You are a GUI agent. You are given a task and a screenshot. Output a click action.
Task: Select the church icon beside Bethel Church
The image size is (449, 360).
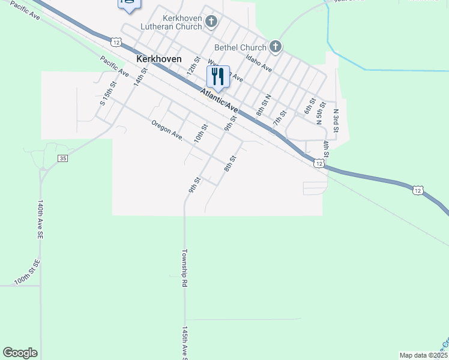[275, 46]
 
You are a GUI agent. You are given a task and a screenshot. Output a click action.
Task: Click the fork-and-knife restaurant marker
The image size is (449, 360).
[218, 76]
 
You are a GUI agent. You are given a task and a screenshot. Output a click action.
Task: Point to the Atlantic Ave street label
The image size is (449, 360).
[220, 100]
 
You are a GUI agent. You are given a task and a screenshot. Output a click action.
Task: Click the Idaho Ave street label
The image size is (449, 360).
[259, 64]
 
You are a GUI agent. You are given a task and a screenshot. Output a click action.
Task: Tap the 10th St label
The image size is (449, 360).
[200, 133]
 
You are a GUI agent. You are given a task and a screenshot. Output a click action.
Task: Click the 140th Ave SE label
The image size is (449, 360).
[41, 221]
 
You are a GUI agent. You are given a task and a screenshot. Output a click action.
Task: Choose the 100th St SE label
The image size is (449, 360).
[27, 272]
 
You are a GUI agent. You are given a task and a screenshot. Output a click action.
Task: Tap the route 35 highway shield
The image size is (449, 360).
[62, 158]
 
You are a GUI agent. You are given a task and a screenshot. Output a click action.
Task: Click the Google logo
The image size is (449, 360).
[20, 353]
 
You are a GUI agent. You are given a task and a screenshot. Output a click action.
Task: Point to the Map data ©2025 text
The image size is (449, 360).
[423, 355]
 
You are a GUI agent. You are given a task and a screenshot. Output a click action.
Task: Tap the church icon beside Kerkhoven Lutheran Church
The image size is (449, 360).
[211, 22]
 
